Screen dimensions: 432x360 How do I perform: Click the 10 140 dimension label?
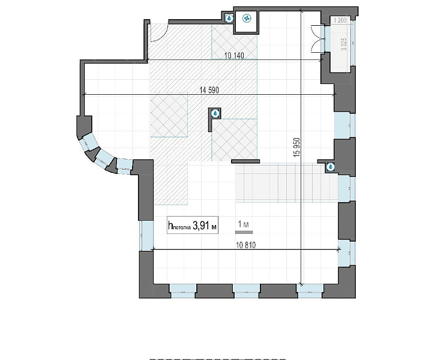234,55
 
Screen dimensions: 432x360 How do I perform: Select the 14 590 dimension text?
209,90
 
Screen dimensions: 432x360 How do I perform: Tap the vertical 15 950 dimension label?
297,147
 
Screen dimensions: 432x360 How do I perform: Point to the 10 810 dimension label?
246,245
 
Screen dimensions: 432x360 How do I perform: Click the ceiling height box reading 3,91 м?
193,226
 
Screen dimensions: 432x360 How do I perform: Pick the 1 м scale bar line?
244,232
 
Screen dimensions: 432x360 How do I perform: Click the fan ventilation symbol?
247,19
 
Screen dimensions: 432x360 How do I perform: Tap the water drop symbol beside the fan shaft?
229,18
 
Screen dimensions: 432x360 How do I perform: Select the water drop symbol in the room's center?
215,113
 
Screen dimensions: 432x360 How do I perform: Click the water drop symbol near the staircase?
331,167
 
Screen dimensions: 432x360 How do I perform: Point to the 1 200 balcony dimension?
340,20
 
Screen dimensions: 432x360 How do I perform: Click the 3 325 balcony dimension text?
344,44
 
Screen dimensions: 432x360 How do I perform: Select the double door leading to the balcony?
317,38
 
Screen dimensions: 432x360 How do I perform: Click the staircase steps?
287,182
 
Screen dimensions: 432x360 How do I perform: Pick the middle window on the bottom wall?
247,291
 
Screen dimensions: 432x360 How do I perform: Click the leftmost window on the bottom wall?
183,291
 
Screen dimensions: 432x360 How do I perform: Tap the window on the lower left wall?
146,236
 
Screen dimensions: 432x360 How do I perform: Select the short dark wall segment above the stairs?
245,161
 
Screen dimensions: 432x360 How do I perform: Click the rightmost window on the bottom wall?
310,291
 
